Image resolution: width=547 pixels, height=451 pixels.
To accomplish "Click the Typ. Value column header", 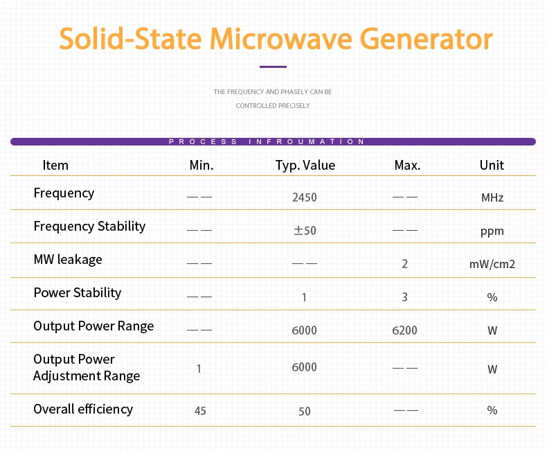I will pyautogui.click(x=305, y=165).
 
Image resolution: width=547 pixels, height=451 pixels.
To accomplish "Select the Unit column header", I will pyautogui.click(x=492, y=165).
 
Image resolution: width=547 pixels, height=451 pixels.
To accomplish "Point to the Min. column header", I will pyautogui.click(x=201, y=165).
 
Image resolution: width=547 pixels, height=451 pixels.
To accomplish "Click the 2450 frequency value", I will pyautogui.click(x=305, y=197).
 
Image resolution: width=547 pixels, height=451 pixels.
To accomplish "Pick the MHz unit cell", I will pyautogui.click(x=492, y=197).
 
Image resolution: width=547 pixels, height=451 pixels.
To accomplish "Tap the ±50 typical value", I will pyautogui.click(x=305, y=231).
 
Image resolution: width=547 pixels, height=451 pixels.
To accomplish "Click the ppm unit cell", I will pyautogui.click(x=492, y=231).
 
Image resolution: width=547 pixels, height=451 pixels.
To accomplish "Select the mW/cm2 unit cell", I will pyautogui.click(x=492, y=264).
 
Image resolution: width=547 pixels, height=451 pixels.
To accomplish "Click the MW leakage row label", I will pyautogui.click(x=68, y=260).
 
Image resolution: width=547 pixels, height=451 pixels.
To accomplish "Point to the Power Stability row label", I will pyautogui.click(x=78, y=293).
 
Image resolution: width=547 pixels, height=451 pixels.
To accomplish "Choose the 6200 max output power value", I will pyautogui.click(x=404, y=330).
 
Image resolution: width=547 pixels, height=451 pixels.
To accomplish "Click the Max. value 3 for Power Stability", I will pyautogui.click(x=404, y=297).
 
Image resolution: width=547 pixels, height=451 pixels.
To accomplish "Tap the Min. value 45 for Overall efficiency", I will pyautogui.click(x=200, y=411).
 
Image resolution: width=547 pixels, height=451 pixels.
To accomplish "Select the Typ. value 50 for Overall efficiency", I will pyautogui.click(x=305, y=411).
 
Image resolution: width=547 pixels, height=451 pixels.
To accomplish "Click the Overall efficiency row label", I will pyautogui.click(x=83, y=409).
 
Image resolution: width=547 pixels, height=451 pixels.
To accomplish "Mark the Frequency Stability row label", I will pyautogui.click(x=89, y=227).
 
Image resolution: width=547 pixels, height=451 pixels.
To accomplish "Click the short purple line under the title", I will pyautogui.click(x=273, y=67).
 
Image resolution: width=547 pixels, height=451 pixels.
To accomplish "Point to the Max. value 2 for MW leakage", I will pyautogui.click(x=404, y=264).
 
